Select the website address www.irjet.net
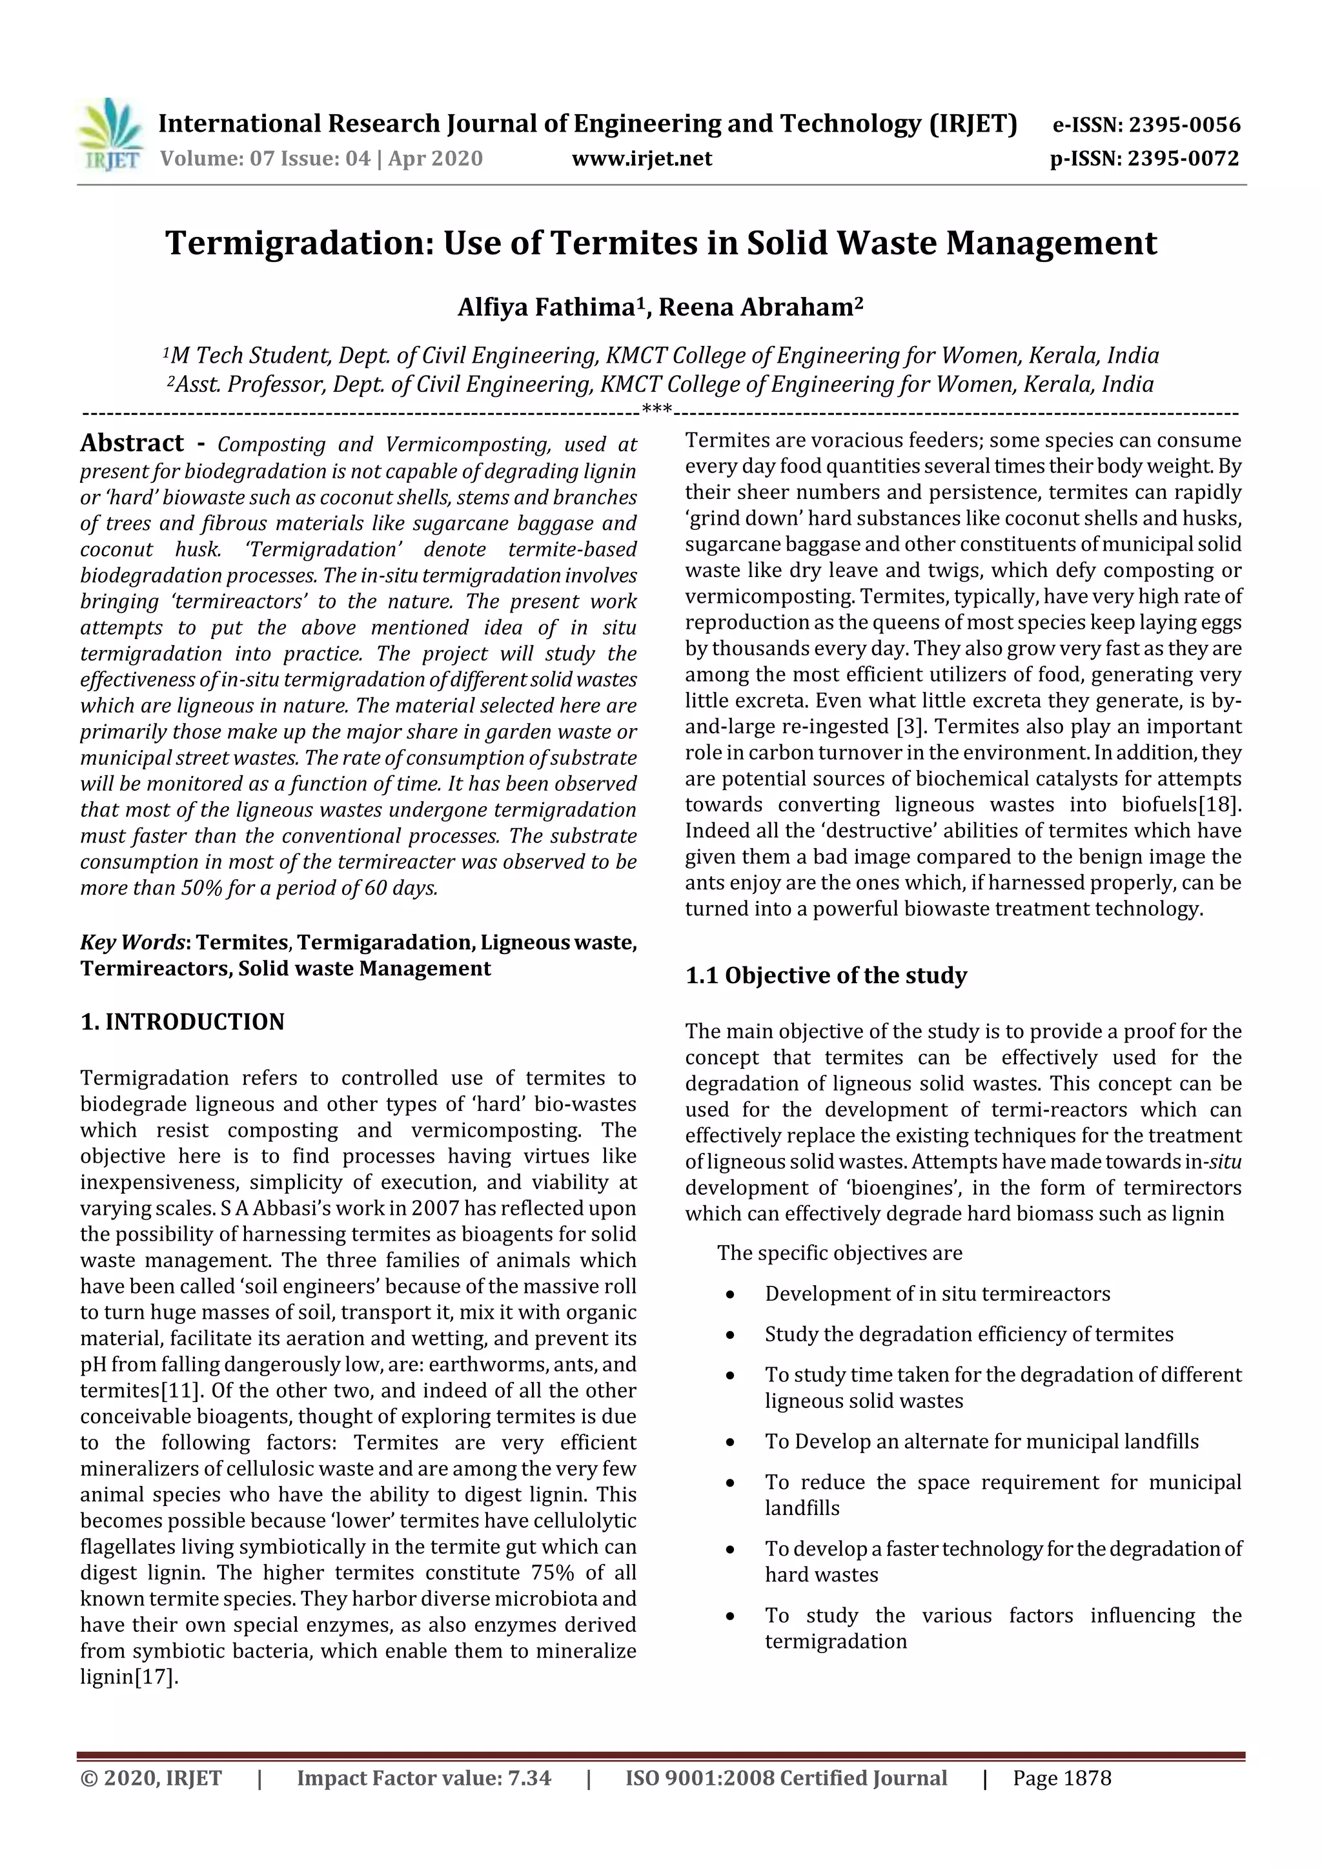point(642,159)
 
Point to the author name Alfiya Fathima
point(545,308)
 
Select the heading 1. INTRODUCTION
point(183,1022)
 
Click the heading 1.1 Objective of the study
point(826,976)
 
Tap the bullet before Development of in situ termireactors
point(731,1295)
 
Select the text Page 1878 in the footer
point(1061,1778)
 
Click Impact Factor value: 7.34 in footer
point(423,1778)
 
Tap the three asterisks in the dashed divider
point(656,408)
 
